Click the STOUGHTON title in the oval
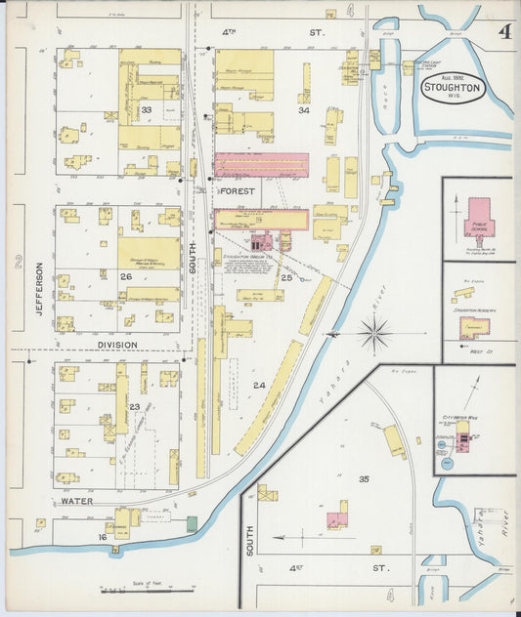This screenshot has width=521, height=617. click(452, 87)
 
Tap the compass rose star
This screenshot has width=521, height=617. click(375, 334)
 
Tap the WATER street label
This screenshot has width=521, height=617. click(76, 500)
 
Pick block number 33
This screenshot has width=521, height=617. click(147, 110)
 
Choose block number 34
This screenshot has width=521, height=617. click(304, 110)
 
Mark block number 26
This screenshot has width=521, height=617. click(125, 276)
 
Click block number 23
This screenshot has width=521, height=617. click(135, 407)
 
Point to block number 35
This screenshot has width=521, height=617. click(364, 478)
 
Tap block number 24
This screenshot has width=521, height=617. click(259, 386)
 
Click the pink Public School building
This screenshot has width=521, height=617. click(479, 219)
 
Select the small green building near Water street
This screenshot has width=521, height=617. click(192, 524)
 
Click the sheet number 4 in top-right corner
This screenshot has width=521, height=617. click(502, 30)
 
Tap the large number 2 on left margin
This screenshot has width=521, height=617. click(17, 261)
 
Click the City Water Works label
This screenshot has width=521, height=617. click(459, 416)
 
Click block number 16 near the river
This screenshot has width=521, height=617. click(101, 537)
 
